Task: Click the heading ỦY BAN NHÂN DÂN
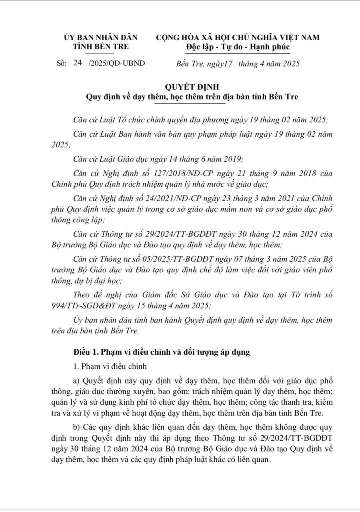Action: click(x=100, y=38)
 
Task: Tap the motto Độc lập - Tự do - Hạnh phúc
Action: click(x=238, y=47)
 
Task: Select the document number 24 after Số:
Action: click(x=77, y=63)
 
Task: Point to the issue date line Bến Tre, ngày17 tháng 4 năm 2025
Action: click(x=238, y=63)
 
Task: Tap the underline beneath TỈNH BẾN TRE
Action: click(x=100, y=53)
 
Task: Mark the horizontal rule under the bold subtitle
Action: click(x=190, y=103)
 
